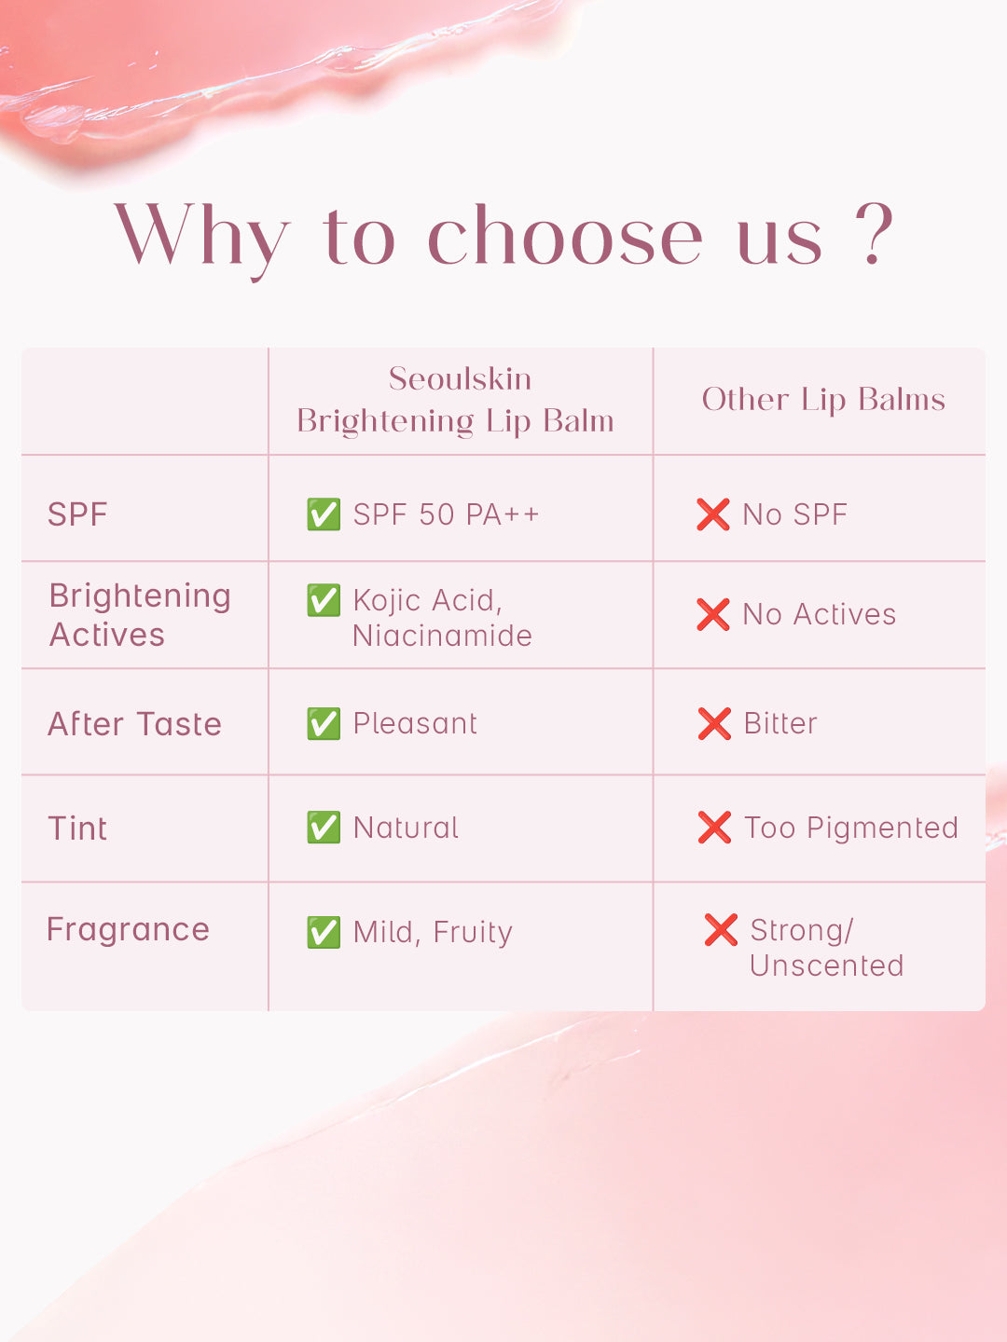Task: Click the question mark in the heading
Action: pyautogui.click(x=875, y=233)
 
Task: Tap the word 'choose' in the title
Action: pyautogui.click(x=565, y=236)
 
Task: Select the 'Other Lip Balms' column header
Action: pyautogui.click(x=823, y=400)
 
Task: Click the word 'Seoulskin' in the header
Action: pyautogui.click(x=460, y=378)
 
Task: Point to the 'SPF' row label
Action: pyautogui.click(x=77, y=514)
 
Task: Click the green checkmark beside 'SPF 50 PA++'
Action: pyautogui.click(x=324, y=514)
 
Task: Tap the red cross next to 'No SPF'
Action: pyautogui.click(x=713, y=514)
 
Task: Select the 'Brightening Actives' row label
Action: pyautogui.click(x=140, y=615)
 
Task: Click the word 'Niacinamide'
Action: pyautogui.click(x=442, y=636)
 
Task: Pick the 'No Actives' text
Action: pyautogui.click(x=820, y=614)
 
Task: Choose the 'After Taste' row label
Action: pyautogui.click(x=134, y=724)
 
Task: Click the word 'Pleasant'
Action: pyautogui.click(x=415, y=723)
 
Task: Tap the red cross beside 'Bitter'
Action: pyautogui.click(x=714, y=724)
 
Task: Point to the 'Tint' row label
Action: pyautogui.click(x=77, y=828)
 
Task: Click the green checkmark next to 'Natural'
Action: pyautogui.click(x=324, y=828)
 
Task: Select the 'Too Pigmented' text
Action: pyautogui.click(x=851, y=828)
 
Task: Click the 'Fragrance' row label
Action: pyautogui.click(x=128, y=930)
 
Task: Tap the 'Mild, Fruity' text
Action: pyautogui.click(x=433, y=932)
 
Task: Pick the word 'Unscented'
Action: pyautogui.click(x=827, y=966)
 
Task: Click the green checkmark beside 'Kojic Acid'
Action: pyautogui.click(x=324, y=600)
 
